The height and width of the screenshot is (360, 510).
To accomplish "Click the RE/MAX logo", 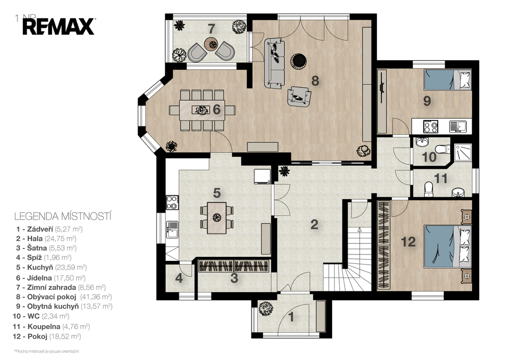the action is [59, 26].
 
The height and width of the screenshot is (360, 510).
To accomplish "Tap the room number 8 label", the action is [315, 81].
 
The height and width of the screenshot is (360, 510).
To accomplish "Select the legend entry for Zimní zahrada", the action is [61, 287].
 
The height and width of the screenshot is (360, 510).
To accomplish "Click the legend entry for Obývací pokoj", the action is [64, 297].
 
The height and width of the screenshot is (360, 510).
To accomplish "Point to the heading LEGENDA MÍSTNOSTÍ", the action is [63, 216].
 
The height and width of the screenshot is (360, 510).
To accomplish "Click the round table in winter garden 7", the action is [211, 44].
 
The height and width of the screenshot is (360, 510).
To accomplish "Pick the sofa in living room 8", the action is [274, 63].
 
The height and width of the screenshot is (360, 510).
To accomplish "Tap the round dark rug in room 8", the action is [298, 61].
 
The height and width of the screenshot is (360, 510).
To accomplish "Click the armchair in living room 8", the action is [299, 96].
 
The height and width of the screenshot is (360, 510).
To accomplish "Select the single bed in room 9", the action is [448, 79].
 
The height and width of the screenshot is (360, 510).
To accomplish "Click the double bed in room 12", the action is [448, 246].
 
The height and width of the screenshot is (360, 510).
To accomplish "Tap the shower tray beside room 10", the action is [462, 153].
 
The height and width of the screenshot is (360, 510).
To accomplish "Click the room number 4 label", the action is [179, 279].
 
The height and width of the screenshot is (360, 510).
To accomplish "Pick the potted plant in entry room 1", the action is [265, 308].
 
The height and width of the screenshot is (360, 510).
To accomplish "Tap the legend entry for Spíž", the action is [44, 257].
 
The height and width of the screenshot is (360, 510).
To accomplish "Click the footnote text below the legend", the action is [47, 351].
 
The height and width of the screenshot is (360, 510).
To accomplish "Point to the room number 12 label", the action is [408, 241].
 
